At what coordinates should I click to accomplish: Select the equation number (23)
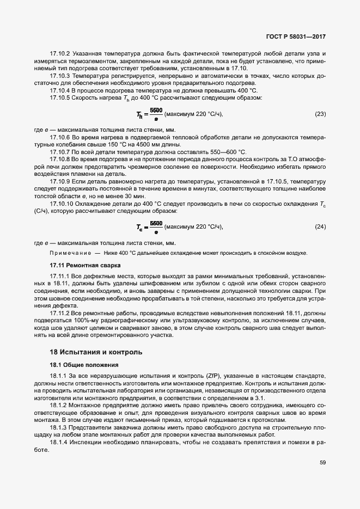(x=320, y=114)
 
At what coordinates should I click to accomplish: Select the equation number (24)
(x=320, y=226)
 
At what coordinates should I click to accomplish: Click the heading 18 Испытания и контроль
(x=96, y=352)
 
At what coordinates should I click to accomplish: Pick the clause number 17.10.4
(x=60, y=90)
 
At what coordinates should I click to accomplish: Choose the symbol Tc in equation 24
(x=140, y=226)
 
